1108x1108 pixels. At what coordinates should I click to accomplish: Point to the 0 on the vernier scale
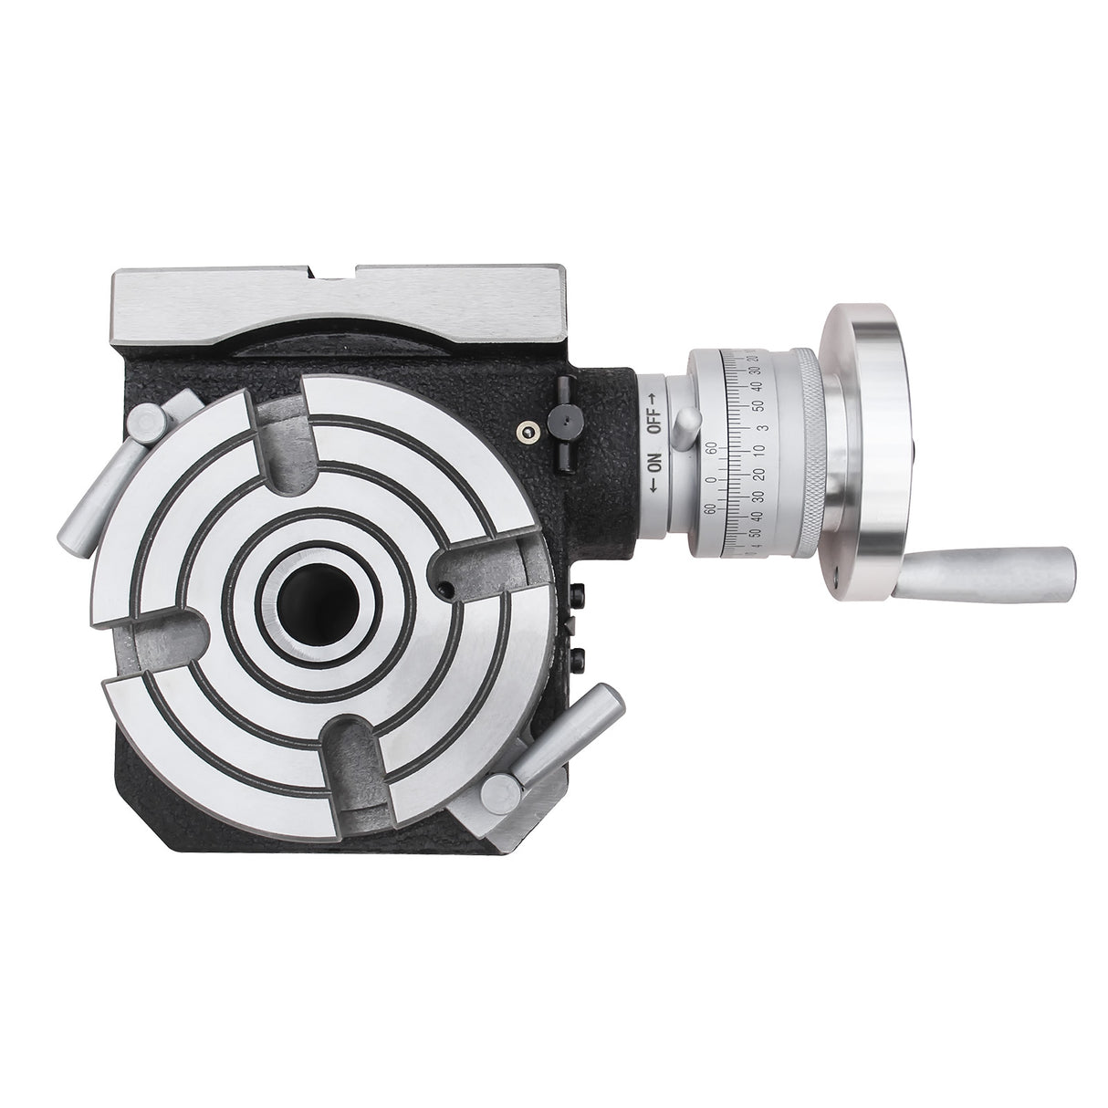point(711,480)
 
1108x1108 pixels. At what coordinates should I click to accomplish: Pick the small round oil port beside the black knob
point(527,432)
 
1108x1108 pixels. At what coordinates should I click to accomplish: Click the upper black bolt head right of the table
point(580,595)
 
